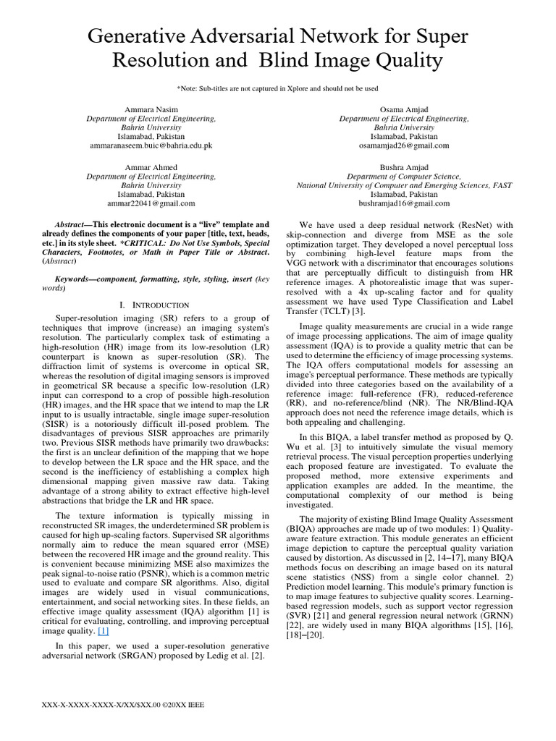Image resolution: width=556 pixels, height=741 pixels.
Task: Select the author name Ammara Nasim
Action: pos(151,109)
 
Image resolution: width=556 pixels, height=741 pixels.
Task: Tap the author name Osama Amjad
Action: pos(404,109)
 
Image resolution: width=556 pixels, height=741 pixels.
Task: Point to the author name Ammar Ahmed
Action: pos(151,167)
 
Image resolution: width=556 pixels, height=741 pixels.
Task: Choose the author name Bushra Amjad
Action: pos(404,167)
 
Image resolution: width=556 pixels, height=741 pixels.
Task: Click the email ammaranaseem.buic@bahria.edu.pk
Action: pos(151,145)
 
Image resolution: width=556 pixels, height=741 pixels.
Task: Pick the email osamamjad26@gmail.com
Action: pos(404,145)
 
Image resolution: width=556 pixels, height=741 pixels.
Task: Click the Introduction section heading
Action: pos(151,305)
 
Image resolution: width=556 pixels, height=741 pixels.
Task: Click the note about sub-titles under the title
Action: pos(277,88)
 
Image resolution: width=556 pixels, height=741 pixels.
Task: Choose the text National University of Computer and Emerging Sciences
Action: pos(392,185)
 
